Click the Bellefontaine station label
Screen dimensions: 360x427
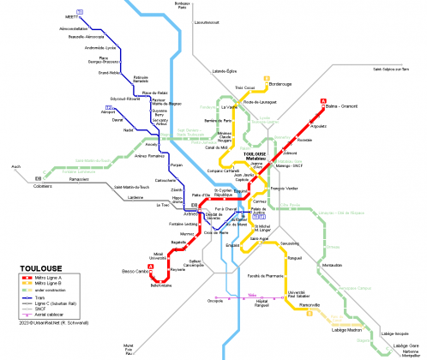(x=161, y=286)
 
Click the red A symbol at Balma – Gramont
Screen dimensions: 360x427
(x=323, y=101)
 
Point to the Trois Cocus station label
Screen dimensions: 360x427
(x=245, y=87)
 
